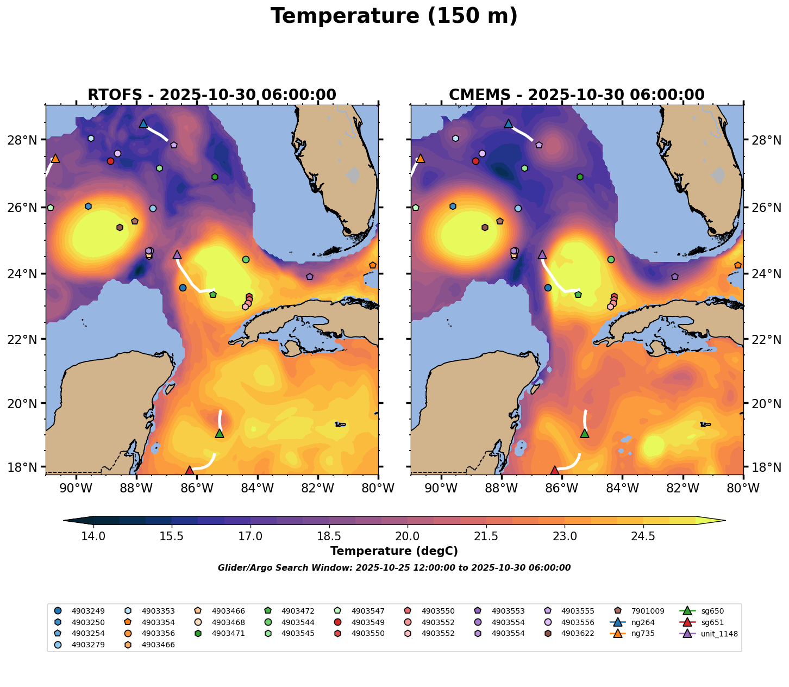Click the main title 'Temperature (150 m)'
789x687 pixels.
coord(394,16)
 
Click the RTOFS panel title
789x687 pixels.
coord(212,95)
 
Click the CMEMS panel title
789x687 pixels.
coord(577,95)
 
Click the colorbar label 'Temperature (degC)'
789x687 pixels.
coord(394,551)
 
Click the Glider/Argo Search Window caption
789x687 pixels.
coord(394,568)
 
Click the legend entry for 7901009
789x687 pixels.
coord(646,611)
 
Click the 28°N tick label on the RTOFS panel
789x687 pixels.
coord(25,140)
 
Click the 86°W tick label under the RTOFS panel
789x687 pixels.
coord(197,489)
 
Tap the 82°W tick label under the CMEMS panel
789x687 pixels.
coord(682,489)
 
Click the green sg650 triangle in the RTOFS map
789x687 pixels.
coord(220,433)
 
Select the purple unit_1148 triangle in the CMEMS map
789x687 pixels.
coord(542,254)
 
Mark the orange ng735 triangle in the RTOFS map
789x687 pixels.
coord(55,158)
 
